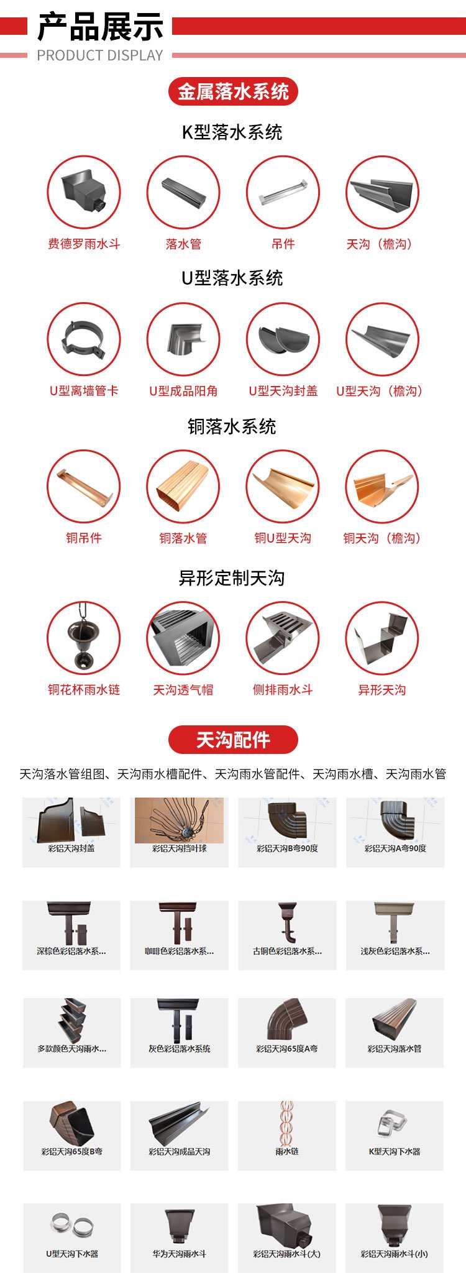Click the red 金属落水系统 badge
click(x=233, y=92)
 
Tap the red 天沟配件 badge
click(x=233, y=740)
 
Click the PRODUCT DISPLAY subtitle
click(x=99, y=55)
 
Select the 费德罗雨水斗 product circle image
click(x=84, y=192)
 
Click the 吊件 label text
click(x=283, y=244)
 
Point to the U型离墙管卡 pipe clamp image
click(x=84, y=339)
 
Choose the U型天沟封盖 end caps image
click(x=283, y=339)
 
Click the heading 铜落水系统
click(x=232, y=427)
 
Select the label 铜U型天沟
click(x=283, y=538)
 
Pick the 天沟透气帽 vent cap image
click(x=183, y=638)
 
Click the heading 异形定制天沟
click(x=232, y=578)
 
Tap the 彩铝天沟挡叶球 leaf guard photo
click(x=179, y=820)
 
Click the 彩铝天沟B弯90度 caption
click(x=287, y=848)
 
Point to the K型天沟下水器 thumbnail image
click(x=394, y=1123)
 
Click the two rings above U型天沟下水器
click(x=72, y=1225)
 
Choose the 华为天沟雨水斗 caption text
click(x=180, y=1254)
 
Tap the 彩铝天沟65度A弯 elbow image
click(x=286, y=1019)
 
